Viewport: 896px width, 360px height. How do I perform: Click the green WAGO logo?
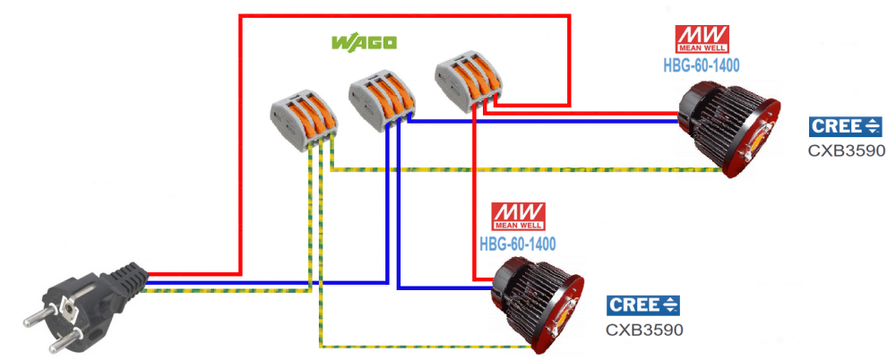[x=364, y=42]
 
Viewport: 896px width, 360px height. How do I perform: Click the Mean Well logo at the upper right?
[x=702, y=39]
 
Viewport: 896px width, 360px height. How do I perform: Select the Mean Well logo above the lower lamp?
[x=518, y=217]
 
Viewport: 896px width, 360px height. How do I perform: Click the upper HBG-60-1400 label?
[x=702, y=65]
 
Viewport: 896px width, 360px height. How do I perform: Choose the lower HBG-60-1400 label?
[x=518, y=244]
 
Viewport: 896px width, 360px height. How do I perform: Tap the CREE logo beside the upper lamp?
[x=846, y=127]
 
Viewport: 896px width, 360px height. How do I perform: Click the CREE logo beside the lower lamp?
[x=643, y=305]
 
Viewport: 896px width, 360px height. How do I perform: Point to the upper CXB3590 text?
[x=847, y=150]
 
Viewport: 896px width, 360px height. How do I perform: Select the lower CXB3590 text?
[x=644, y=330]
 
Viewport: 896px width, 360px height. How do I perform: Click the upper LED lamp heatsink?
[x=728, y=128]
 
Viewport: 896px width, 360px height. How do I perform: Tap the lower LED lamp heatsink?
[x=537, y=305]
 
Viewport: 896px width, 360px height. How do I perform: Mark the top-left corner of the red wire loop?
[x=240, y=17]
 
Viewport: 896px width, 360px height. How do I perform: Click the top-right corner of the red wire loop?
[x=569, y=17]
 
